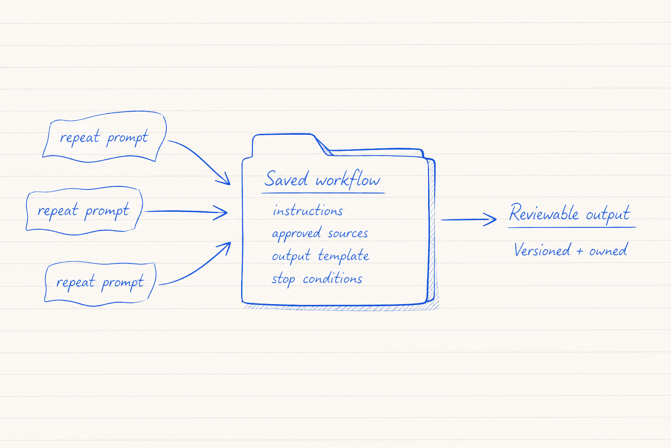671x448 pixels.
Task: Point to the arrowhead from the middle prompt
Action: (x=221, y=213)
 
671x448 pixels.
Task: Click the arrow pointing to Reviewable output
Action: (x=468, y=220)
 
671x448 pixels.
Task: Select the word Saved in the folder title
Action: (x=286, y=179)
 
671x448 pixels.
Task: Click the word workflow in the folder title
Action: (x=348, y=179)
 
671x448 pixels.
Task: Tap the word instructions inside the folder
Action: (x=308, y=210)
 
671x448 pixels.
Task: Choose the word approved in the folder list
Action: (x=296, y=234)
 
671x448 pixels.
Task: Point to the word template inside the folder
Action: (x=343, y=256)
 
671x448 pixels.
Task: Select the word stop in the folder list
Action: (x=284, y=280)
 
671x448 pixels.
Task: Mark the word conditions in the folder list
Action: (x=332, y=278)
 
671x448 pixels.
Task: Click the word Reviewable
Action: (x=544, y=213)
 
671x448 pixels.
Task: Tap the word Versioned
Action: (x=542, y=250)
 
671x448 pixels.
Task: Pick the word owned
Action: (x=608, y=250)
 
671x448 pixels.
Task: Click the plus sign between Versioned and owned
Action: (x=580, y=251)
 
